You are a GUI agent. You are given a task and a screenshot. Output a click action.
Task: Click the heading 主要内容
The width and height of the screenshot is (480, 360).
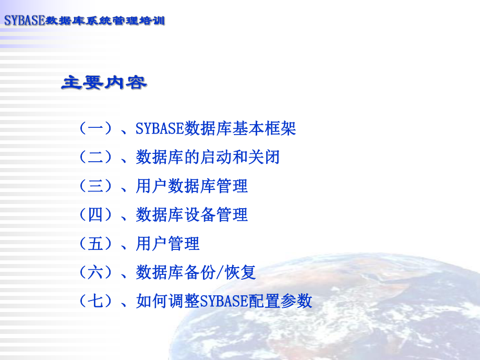coord(104,82)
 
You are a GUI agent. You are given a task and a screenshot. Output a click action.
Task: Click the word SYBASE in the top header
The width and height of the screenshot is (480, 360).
coord(25,21)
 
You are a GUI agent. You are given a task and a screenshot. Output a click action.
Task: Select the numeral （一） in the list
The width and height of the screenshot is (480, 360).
coord(95,128)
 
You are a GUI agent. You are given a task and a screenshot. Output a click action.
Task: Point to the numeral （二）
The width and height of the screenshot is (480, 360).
coord(95,157)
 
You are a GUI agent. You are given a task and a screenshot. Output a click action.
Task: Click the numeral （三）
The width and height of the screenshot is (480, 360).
coord(95,186)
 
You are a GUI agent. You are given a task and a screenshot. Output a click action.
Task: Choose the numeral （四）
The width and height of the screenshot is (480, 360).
coord(95,214)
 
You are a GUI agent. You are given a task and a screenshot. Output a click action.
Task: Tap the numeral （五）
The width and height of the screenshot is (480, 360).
coord(95,243)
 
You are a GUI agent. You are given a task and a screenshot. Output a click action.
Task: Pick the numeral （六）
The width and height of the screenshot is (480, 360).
coord(95,272)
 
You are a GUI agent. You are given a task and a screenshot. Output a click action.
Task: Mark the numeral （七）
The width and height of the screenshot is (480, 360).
coord(95,301)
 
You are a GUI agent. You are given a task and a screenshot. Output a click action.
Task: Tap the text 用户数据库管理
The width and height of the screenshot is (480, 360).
coord(191,186)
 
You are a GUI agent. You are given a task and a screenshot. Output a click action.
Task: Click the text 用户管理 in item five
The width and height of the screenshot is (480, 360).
coord(167,243)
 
